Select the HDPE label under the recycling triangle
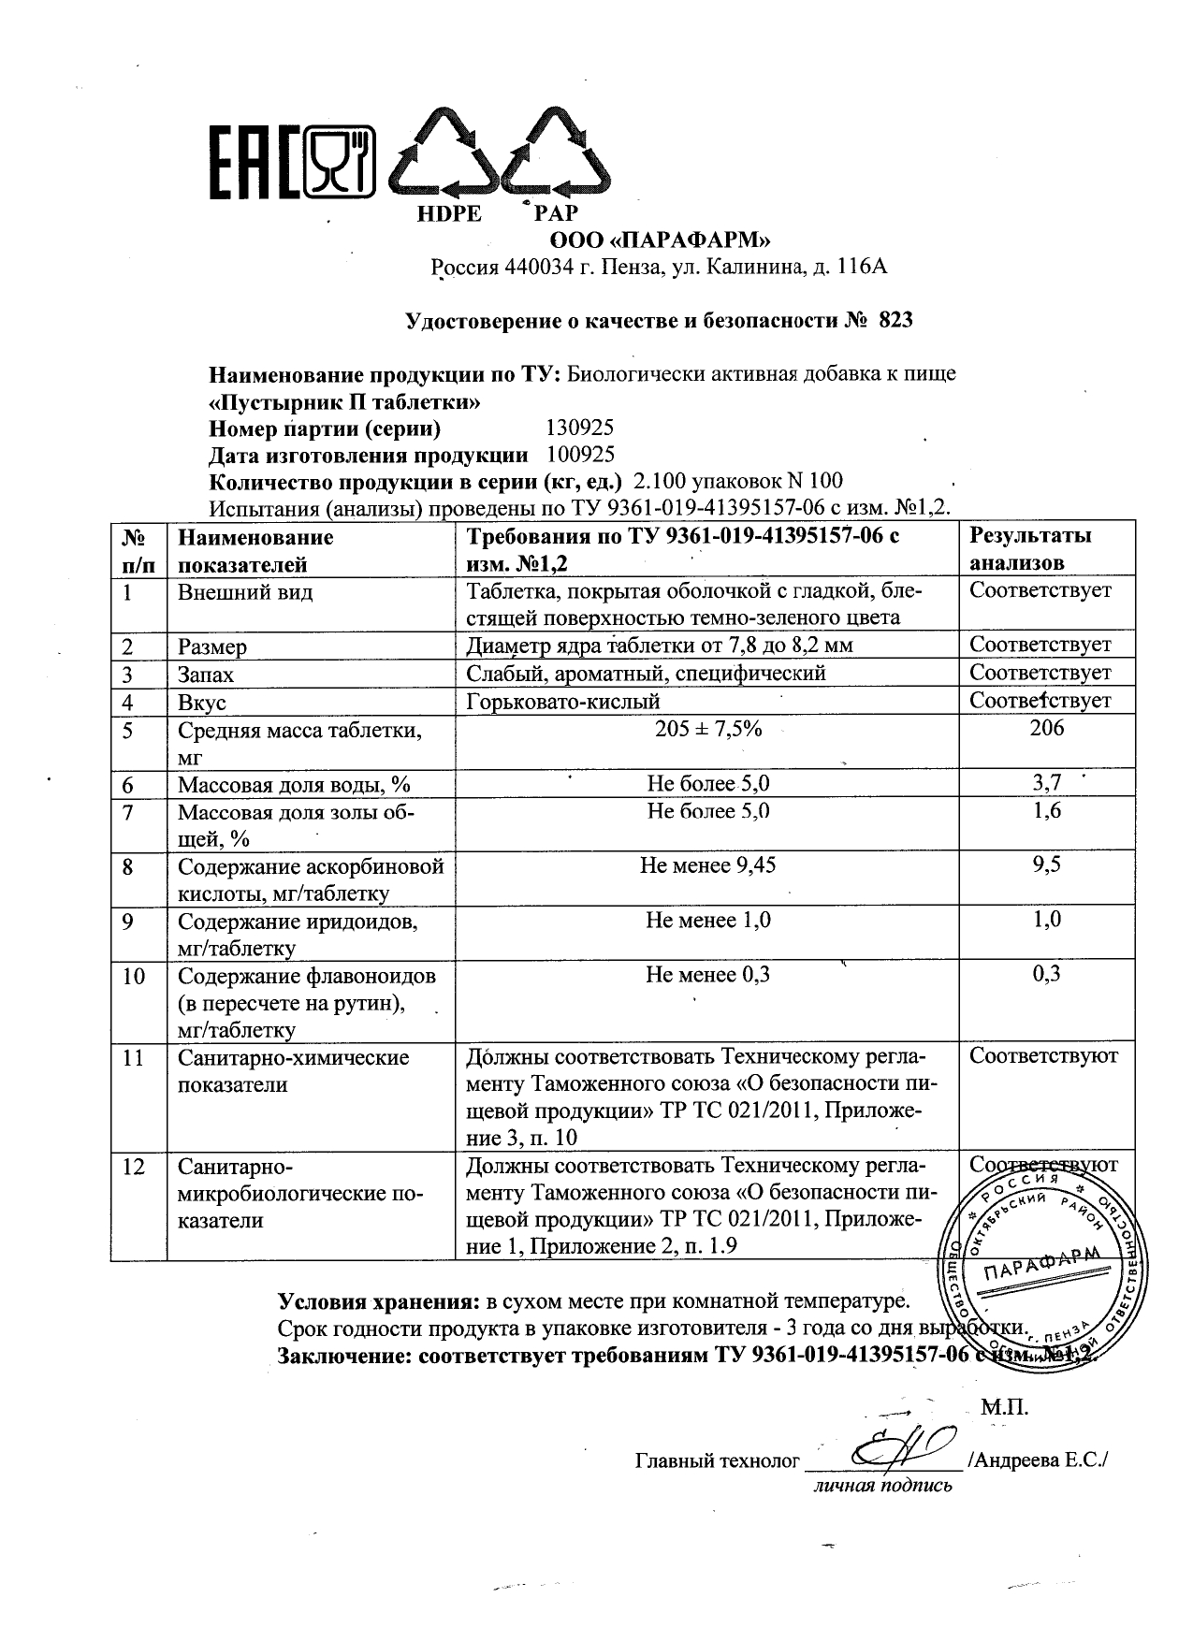tap(448, 213)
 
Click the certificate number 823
tap(895, 322)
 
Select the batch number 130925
tap(579, 428)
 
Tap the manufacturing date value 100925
tap(579, 456)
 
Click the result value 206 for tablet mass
tap(1046, 729)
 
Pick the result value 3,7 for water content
tap(1047, 783)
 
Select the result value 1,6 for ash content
tap(1047, 810)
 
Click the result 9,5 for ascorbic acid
tap(1047, 865)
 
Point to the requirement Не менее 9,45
tap(708, 865)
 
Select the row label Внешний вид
tap(245, 592)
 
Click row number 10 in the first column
tap(134, 976)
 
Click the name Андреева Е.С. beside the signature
tap(1038, 1460)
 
